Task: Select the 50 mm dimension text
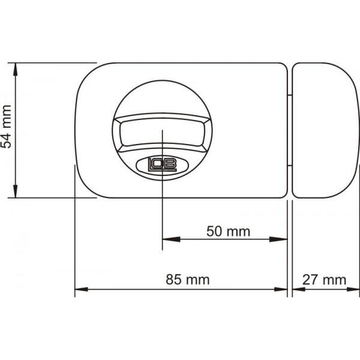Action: coord(227,231)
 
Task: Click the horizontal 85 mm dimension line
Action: coord(180,289)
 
